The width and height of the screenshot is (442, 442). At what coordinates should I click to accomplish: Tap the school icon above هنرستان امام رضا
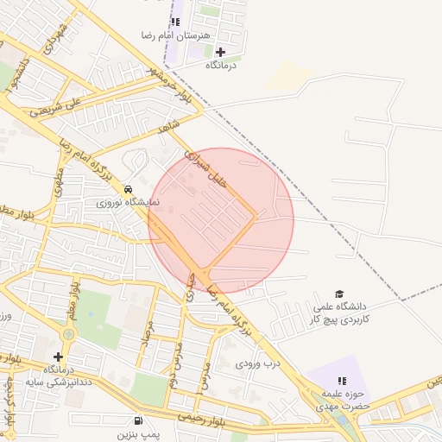point(176,22)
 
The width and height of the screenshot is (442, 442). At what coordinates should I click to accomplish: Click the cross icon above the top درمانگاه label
point(221,52)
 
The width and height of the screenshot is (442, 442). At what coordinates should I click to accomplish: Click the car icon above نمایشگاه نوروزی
point(129,189)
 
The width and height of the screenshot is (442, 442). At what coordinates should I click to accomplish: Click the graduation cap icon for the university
point(338,294)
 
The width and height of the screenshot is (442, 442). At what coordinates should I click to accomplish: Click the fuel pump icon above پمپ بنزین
point(139,420)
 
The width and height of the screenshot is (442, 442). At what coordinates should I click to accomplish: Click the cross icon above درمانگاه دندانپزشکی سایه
point(58,357)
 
